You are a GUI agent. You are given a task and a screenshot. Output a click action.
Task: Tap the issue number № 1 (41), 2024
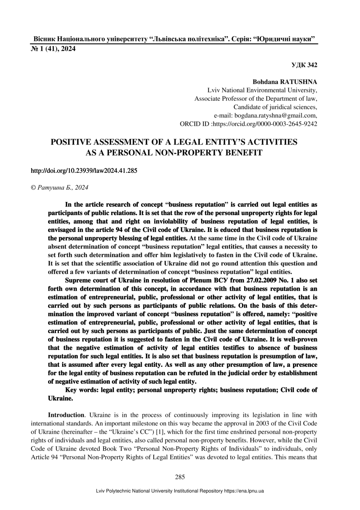tap(53, 49)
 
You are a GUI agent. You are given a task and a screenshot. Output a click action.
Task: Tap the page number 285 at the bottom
tap(180, 477)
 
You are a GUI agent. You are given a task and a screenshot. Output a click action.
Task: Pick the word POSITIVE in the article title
tap(72, 142)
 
